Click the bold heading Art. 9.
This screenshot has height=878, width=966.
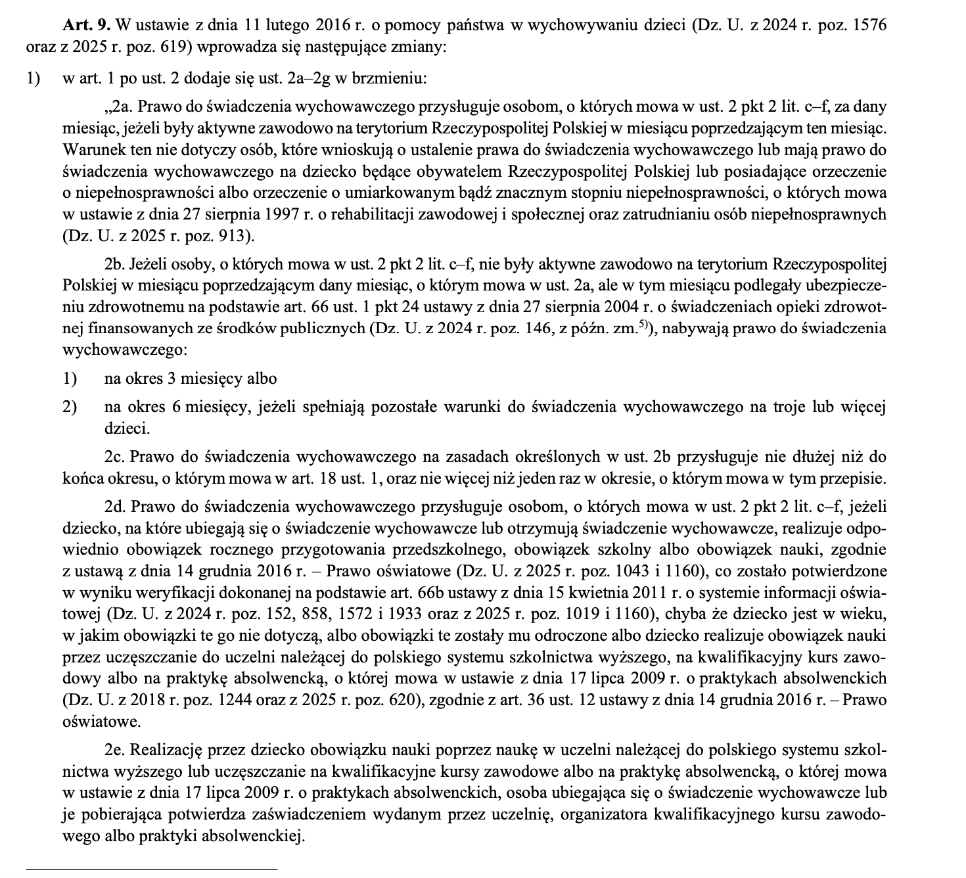point(88,26)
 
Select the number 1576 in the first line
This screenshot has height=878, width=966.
point(867,26)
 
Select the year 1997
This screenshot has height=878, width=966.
point(283,214)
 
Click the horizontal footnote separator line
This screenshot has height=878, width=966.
point(151,869)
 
